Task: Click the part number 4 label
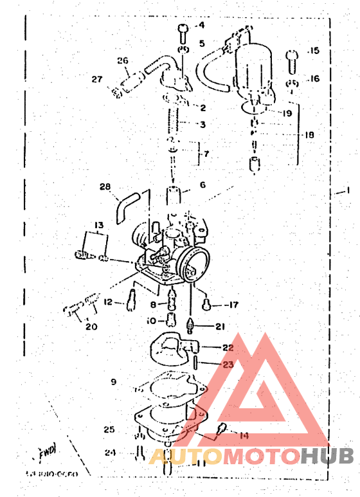tap(200, 26)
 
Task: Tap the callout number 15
tap(313, 50)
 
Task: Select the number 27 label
tap(96, 80)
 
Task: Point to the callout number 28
tap(105, 187)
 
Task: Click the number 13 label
tap(98, 225)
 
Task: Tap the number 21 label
tap(220, 327)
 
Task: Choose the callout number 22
tap(228, 347)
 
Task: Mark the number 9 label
tap(113, 382)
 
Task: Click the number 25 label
tap(109, 429)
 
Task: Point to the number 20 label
tap(91, 326)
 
